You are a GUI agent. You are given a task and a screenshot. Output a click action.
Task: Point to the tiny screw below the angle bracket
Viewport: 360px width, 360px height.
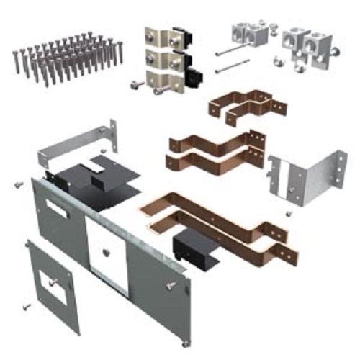[287, 214]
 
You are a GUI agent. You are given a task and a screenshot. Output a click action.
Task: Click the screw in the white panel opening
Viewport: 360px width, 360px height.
[106, 251]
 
